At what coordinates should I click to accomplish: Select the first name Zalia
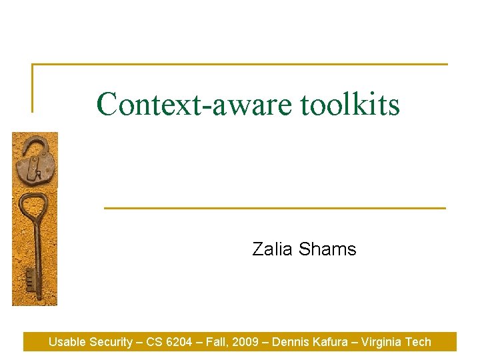point(273,249)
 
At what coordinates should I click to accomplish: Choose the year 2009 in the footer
point(247,342)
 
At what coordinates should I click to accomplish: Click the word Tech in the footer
point(419,342)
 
